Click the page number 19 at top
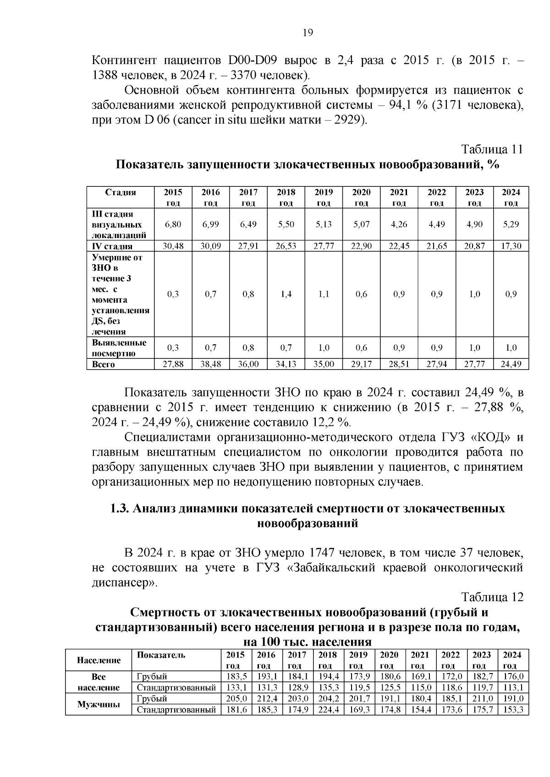click(308, 33)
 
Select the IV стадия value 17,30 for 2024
click(511, 246)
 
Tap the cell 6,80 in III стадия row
click(173, 224)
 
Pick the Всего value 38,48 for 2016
click(210, 364)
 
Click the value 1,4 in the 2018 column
click(286, 294)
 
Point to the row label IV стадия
click(112, 246)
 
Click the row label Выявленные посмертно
click(119, 348)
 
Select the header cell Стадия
click(120, 192)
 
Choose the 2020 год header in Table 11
click(361, 197)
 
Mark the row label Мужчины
click(98, 704)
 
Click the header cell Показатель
click(161, 655)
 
